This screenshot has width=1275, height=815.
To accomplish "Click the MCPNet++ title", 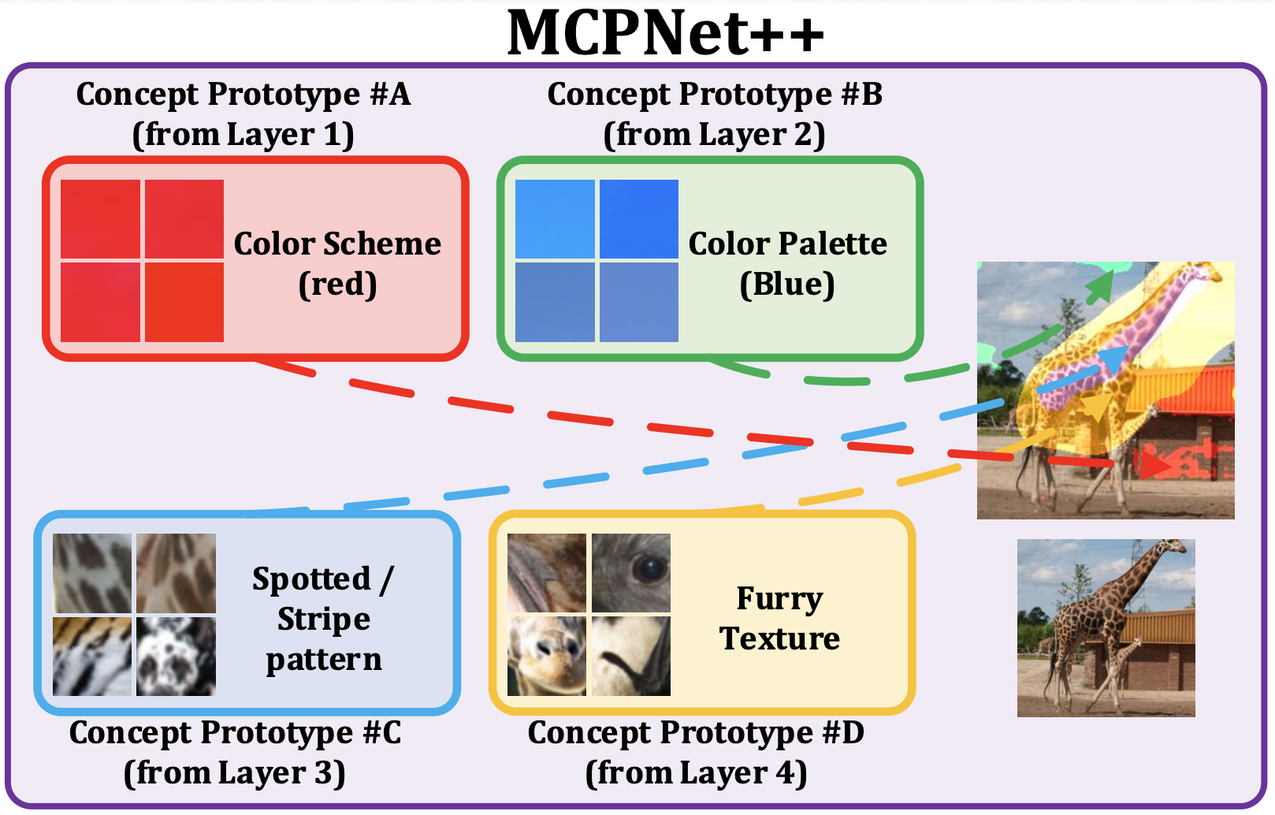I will click(665, 33).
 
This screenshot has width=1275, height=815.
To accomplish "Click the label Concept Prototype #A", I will click(243, 95).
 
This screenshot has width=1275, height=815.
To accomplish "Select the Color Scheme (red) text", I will click(337, 263).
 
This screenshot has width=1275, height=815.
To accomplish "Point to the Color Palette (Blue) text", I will click(787, 263).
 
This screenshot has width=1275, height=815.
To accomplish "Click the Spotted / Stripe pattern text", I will click(323, 619).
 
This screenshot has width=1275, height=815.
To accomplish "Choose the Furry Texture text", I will click(779, 619).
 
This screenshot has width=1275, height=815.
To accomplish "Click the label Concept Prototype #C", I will click(235, 733).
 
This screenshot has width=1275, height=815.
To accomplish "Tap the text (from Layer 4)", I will click(696, 773).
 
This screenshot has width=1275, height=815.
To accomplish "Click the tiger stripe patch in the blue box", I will click(92, 657).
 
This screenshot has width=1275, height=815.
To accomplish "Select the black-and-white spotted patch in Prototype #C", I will click(176, 657).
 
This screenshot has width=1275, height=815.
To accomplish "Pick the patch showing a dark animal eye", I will click(631, 573).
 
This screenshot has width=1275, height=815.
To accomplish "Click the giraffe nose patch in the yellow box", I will click(547, 657).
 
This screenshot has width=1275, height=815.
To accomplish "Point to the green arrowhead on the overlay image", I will click(1099, 288).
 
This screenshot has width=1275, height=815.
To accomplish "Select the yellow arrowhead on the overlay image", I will click(1096, 409).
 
